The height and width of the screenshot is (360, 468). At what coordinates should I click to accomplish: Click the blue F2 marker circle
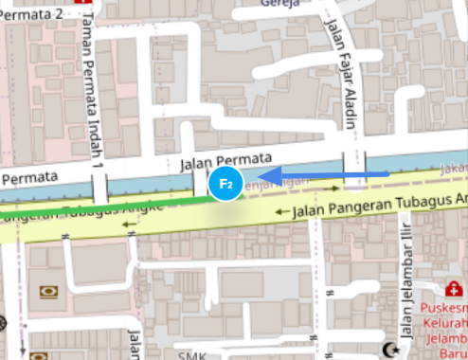[x=226, y=182]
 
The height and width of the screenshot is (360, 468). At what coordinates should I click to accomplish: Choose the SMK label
[x=193, y=355]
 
